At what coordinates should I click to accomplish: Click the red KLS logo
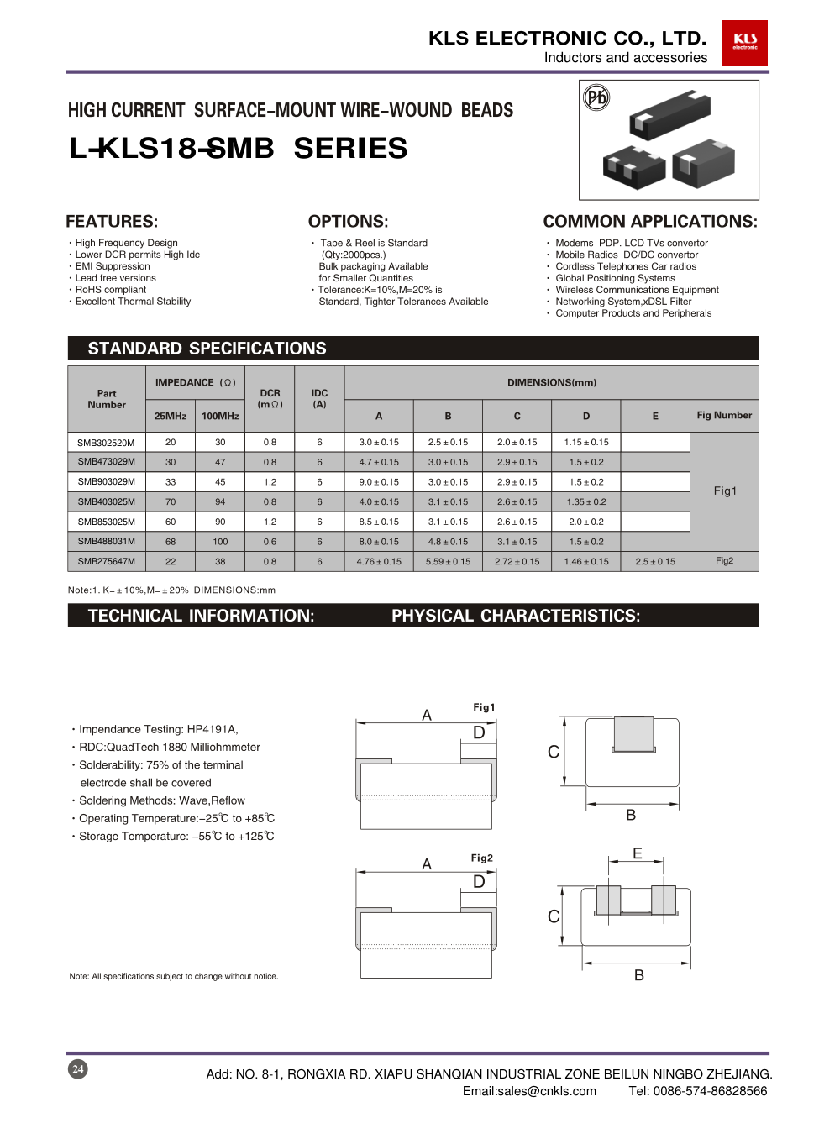(x=744, y=42)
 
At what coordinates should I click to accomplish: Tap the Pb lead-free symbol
(x=596, y=98)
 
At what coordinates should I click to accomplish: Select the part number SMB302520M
(x=106, y=443)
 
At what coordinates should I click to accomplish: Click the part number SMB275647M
(x=106, y=561)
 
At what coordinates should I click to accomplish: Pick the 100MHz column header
(x=220, y=416)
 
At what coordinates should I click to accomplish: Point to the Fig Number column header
(x=724, y=415)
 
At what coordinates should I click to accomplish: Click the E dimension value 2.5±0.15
(x=655, y=562)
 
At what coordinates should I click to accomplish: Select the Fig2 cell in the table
(x=724, y=561)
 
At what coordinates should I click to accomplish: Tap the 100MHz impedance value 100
(x=220, y=542)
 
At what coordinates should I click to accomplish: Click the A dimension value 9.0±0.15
(x=379, y=482)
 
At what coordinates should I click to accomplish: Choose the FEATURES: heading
(x=112, y=222)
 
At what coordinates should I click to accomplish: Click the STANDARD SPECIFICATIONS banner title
(x=207, y=349)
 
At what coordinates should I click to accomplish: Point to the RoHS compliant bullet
(x=110, y=290)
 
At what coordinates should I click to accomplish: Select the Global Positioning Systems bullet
(x=615, y=278)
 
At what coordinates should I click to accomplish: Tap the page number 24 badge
(x=78, y=1068)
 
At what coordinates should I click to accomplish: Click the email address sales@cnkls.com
(x=529, y=1091)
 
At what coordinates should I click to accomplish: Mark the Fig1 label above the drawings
(x=484, y=707)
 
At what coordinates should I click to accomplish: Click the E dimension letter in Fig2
(x=638, y=853)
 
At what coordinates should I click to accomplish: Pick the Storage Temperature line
(x=176, y=837)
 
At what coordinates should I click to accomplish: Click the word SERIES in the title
(x=350, y=149)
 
